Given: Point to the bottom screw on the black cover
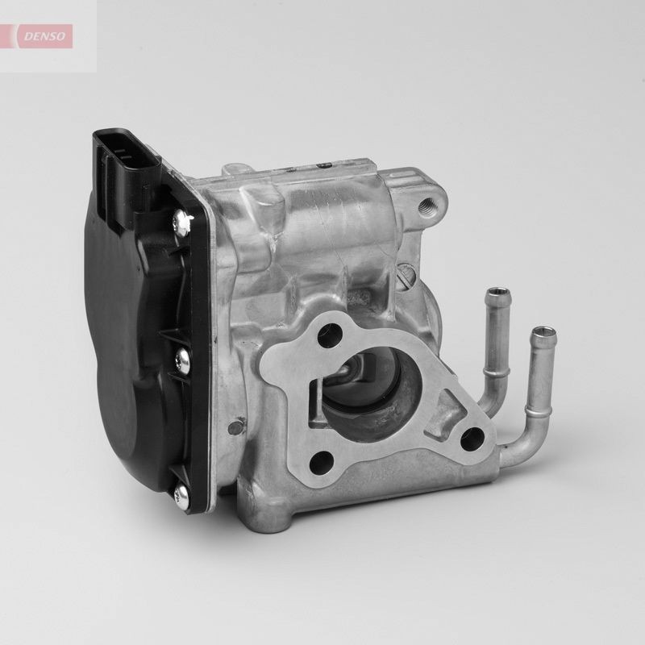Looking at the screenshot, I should coord(179,493).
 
